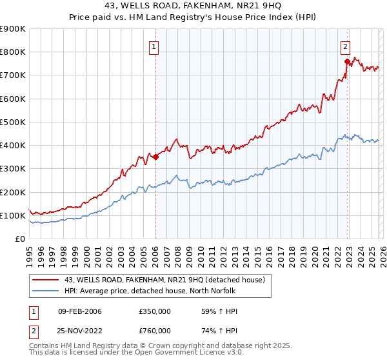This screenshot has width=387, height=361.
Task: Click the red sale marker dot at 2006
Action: [x=155, y=157]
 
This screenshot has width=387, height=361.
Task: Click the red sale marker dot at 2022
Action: [x=347, y=61]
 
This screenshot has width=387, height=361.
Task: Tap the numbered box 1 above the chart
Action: [x=155, y=46]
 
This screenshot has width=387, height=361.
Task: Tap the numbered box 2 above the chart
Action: [x=345, y=46]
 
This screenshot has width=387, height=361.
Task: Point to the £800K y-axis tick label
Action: [x=13, y=52]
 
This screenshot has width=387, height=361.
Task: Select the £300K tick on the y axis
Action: [x=13, y=169]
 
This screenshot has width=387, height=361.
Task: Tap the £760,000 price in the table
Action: [x=155, y=331]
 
